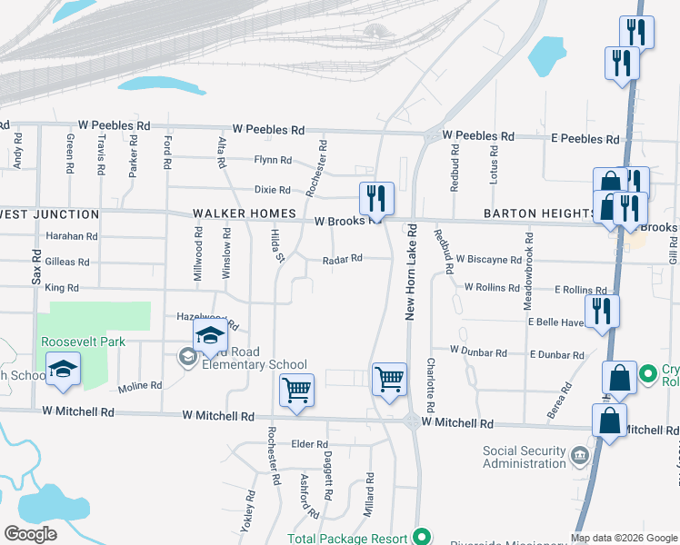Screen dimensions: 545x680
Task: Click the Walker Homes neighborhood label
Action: coord(245,213)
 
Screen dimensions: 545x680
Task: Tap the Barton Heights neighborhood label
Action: coord(539,213)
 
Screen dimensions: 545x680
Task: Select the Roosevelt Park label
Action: coord(83,342)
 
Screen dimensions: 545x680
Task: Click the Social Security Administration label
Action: coord(525,457)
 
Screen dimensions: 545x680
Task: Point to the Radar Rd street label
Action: coord(343,259)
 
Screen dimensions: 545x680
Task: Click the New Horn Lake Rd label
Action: coord(411,272)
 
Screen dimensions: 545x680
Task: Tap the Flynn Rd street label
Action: coord(273,160)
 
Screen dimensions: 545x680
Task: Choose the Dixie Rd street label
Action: coord(272,190)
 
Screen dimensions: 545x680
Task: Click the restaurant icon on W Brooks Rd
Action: coord(375,198)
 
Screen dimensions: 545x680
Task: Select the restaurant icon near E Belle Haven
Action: coord(602,311)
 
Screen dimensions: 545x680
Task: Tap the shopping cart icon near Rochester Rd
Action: coord(296,390)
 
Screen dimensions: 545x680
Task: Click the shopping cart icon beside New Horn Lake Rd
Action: coord(389,378)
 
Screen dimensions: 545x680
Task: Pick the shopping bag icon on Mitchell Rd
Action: coord(609,421)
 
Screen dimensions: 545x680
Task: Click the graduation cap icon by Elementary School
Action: coord(210,335)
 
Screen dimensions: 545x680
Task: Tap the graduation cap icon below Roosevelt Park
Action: coord(64,368)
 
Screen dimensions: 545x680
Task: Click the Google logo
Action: coord(30,534)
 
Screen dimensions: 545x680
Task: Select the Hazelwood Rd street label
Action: coord(207,321)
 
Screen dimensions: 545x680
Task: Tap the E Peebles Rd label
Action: coord(585,139)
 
